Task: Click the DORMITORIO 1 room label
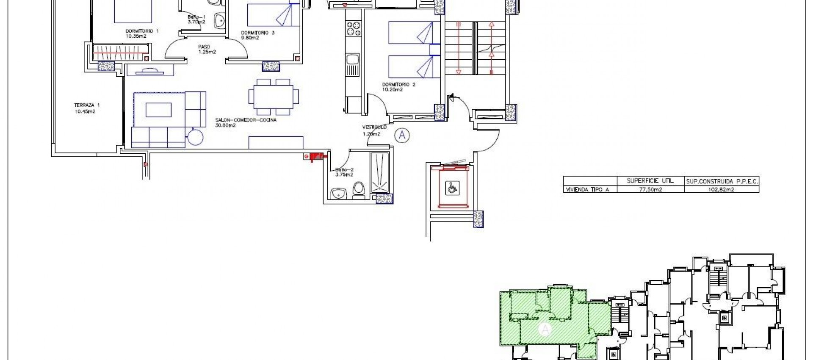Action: pos(142,31)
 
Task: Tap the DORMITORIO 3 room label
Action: pos(258,33)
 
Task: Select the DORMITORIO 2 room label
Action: pos(398,85)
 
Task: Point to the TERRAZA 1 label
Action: pos(87,105)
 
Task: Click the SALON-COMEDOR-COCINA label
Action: pos(246,120)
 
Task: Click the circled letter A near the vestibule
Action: pos(402,135)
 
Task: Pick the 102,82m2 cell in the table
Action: pos(722,190)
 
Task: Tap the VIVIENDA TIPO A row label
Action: pos(587,190)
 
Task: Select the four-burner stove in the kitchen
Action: pos(354,29)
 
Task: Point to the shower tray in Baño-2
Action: pos(382,174)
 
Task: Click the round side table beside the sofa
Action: pos(196,136)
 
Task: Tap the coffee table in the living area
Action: pos(158,110)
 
